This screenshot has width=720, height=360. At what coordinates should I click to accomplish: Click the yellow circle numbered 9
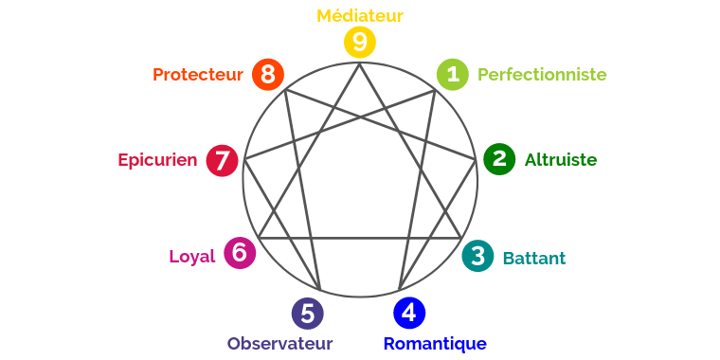pos(360,42)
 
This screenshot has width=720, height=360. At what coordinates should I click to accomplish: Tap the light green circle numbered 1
pos(452,74)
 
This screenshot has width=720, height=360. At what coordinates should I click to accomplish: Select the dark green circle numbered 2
pos(499,159)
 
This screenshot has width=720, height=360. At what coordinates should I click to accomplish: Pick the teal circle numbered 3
pos(477,256)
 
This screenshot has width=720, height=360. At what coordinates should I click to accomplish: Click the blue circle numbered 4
pos(408,312)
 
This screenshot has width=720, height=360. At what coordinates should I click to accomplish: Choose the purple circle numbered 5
pos(307,313)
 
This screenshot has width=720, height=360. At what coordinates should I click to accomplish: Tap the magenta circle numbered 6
pos(240,253)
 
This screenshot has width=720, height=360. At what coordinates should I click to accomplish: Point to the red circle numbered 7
pos(222,160)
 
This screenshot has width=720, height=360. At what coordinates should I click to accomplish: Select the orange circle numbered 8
pos(268,74)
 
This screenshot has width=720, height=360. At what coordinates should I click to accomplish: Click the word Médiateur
pos(360,15)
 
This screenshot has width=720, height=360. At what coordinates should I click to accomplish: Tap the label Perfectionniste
pos(542,74)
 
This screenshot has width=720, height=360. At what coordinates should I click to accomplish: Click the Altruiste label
pos(561,160)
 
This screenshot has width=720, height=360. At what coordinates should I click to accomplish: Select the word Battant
pos(534,258)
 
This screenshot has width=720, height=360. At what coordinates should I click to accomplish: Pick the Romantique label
pos(435,343)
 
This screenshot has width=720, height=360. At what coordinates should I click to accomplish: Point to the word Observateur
pos(279,343)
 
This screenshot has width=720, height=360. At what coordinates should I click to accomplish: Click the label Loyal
pos(192,256)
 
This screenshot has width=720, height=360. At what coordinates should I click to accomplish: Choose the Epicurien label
pos(157,160)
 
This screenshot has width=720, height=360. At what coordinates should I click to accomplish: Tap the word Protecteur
pos(198,74)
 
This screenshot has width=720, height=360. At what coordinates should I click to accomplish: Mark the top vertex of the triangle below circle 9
pos(360,63)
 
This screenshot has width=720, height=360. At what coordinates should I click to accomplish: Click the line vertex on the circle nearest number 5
pos(320,290)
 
